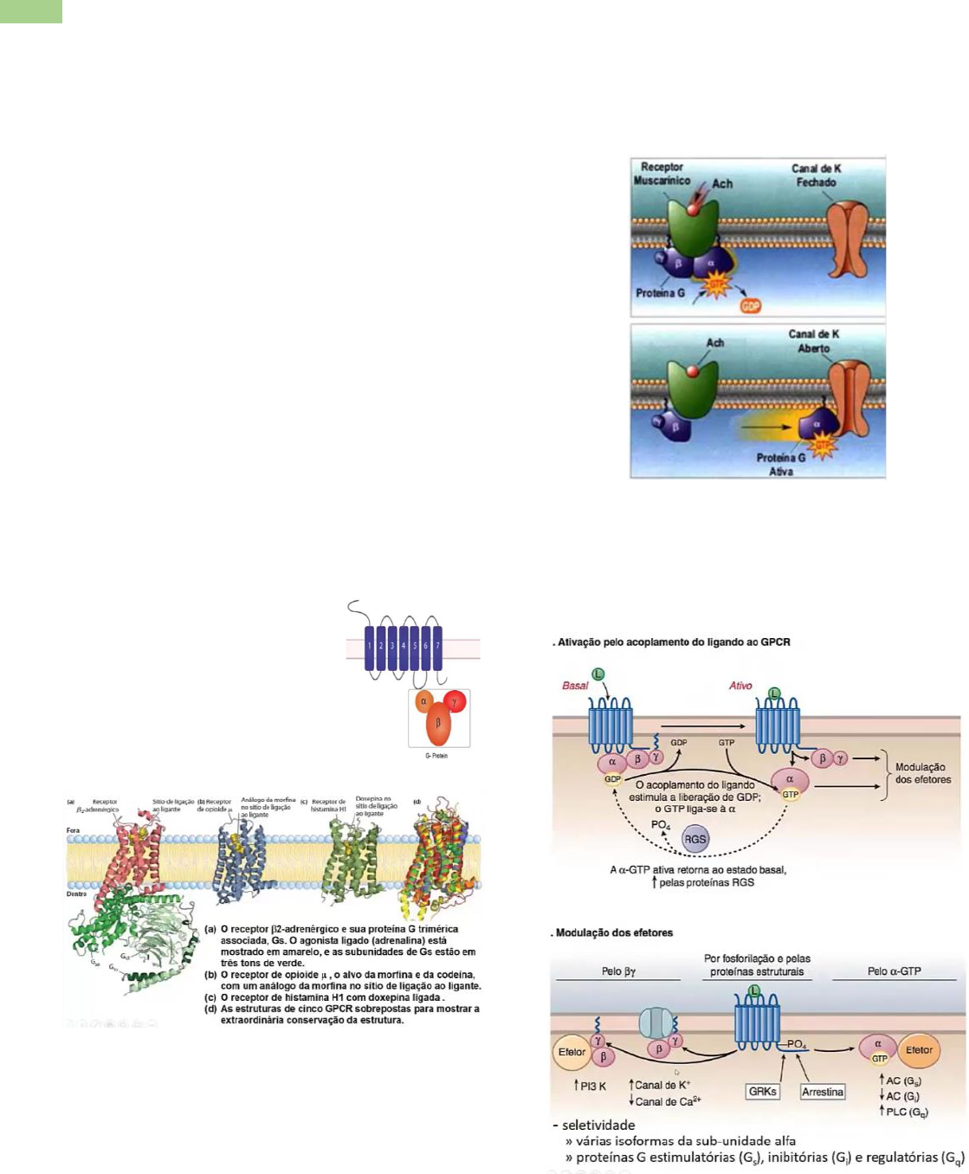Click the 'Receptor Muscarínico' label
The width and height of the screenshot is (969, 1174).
click(x=662, y=174)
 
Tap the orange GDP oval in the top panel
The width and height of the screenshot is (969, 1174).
click(x=750, y=306)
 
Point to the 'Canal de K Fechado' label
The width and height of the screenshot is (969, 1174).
click(x=815, y=176)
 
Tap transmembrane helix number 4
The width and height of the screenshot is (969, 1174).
click(x=404, y=646)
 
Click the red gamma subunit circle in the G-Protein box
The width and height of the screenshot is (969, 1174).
click(x=455, y=701)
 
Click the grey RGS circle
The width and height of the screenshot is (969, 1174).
click(x=694, y=838)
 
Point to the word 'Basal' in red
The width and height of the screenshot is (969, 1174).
click(x=575, y=686)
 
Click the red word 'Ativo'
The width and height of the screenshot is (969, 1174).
click(x=740, y=686)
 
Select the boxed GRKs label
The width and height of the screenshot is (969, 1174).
click(x=763, y=1092)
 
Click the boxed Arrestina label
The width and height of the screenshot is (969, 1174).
click(x=823, y=1092)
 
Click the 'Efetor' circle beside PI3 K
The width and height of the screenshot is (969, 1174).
click(x=572, y=1052)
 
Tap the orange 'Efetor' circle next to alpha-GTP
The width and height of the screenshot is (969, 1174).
click(x=919, y=1050)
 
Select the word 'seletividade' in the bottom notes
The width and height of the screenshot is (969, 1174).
click(x=598, y=1126)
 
